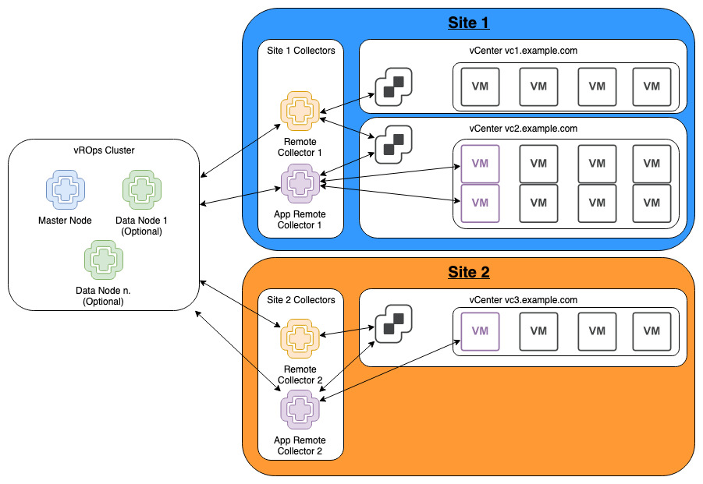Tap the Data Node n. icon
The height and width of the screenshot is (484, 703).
[x=103, y=260]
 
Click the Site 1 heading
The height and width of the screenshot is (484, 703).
[x=468, y=23]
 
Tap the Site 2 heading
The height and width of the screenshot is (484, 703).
[x=468, y=272]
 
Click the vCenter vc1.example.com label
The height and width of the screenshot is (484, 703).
[x=523, y=51]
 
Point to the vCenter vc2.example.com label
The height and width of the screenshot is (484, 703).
[x=523, y=129]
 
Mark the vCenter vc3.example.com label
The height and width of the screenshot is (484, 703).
[x=523, y=300]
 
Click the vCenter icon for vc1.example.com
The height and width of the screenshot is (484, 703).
[x=393, y=85]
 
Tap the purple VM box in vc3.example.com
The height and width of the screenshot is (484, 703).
[x=480, y=331]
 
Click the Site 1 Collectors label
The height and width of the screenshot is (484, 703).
[x=300, y=51]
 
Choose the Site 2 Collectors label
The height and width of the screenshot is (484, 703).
[x=300, y=300]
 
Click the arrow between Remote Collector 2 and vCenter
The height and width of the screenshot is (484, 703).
[x=345, y=334]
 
